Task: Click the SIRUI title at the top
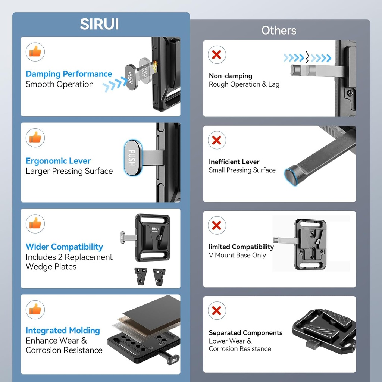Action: point(99,24)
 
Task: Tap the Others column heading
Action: point(279,31)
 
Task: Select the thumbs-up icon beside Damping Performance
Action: point(35,52)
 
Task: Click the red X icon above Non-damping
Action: point(217,54)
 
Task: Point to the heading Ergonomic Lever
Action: point(58,161)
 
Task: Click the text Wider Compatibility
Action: point(64,247)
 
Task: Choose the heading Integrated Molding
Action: point(63,331)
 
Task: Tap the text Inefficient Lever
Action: point(234,162)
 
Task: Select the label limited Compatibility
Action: point(241,247)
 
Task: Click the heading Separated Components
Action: point(245,333)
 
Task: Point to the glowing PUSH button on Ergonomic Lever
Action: point(132,158)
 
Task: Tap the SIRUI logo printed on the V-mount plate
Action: point(155,229)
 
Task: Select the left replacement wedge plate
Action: point(141,276)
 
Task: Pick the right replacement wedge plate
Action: point(159,277)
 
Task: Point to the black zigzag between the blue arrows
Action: point(307,57)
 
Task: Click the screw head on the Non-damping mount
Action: point(350,93)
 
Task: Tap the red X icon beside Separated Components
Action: point(217,311)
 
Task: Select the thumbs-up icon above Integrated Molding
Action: point(35,310)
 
